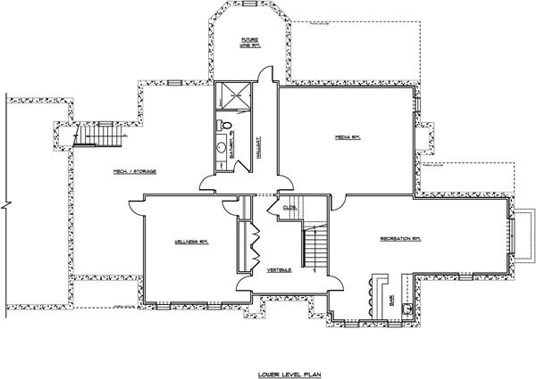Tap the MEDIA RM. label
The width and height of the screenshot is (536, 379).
tap(347, 137)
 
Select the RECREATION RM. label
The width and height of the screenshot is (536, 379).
tap(401, 238)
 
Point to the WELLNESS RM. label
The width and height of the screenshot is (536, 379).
tap(190, 241)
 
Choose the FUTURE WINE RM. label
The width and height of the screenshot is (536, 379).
tap(250, 42)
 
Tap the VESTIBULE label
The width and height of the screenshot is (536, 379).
tap(279, 269)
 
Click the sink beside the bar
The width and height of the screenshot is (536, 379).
tap(407, 309)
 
